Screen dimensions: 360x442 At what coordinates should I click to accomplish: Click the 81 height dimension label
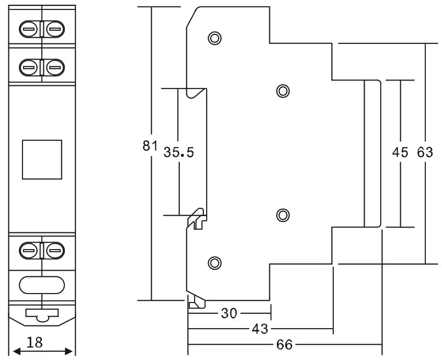[150, 146]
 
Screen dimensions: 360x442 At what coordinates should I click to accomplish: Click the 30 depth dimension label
[229, 313]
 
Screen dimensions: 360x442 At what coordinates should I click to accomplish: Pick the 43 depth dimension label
[260, 329]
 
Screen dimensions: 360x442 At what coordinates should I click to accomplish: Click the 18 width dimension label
[35, 343]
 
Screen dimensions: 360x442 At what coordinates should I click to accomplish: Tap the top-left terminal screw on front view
[29, 29]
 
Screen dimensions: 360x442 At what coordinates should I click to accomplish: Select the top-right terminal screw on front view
[54, 29]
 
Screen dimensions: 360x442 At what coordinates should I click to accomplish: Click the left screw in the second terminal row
[29, 66]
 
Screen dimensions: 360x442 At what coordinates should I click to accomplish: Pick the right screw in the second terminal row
[54, 66]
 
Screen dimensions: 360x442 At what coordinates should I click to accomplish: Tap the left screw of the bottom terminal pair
[29, 251]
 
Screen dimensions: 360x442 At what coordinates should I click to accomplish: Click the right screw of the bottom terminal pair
[54, 251]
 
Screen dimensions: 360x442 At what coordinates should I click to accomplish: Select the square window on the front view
[42, 159]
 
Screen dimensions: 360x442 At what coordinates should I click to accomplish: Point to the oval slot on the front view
[42, 284]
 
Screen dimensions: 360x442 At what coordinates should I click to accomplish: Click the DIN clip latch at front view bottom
[42, 314]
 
